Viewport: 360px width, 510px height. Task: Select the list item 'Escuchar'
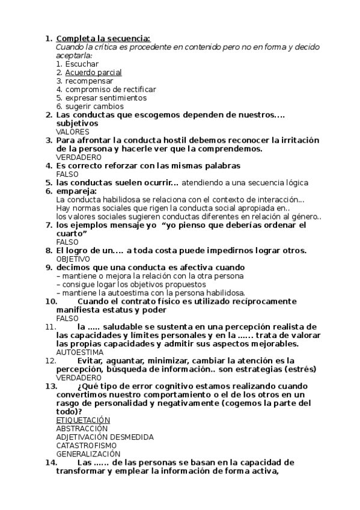click(x=82, y=64)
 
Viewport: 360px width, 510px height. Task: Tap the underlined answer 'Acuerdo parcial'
click(x=93, y=72)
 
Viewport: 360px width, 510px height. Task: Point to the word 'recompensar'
click(x=89, y=81)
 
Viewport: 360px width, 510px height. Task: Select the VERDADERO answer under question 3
click(x=78, y=157)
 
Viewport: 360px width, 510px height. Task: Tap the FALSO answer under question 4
click(x=67, y=174)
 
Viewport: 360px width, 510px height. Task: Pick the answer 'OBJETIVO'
click(x=73, y=259)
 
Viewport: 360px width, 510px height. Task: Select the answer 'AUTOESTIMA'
click(x=80, y=352)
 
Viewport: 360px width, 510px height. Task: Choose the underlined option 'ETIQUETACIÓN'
click(x=83, y=419)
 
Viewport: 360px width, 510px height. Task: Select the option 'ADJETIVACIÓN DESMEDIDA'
click(x=105, y=437)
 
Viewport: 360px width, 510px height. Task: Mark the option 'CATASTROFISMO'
click(x=86, y=445)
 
